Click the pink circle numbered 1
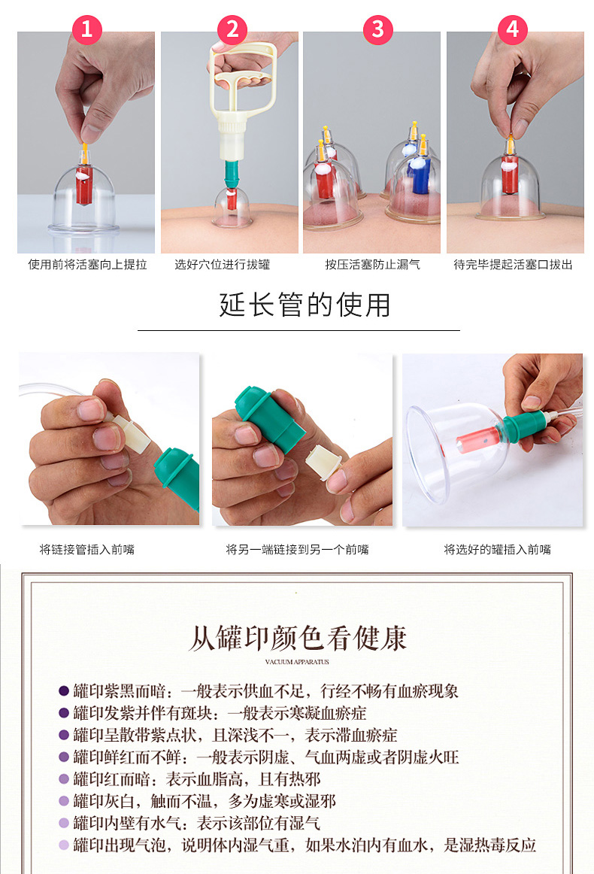[x=86, y=29]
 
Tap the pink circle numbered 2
[x=232, y=29]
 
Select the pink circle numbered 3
[x=377, y=29]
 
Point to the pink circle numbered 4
[x=513, y=29]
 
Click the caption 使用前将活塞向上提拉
[x=87, y=265]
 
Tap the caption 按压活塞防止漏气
[x=373, y=265]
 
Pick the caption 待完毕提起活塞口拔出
[x=513, y=265]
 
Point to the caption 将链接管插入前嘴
[x=87, y=550]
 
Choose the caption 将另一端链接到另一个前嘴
[x=298, y=550]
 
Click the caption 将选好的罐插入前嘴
[x=497, y=550]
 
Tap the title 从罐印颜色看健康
[x=298, y=638]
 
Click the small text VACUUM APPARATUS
[x=297, y=662]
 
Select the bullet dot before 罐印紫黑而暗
[x=64, y=690]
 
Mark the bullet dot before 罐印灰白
[x=64, y=801]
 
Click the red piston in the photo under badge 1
[x=85, y=184]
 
